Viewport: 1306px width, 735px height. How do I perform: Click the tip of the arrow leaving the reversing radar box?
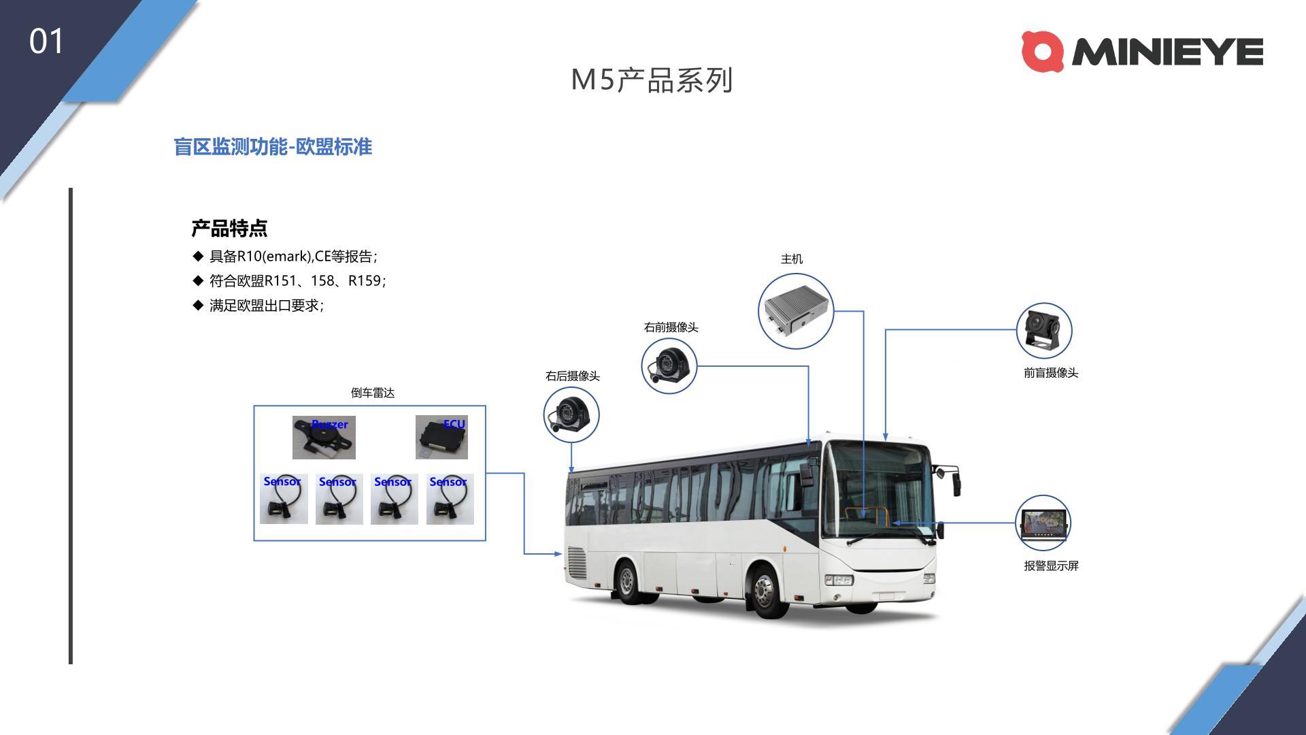[x=563, y=554]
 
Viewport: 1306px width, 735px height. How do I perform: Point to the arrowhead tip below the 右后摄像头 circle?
[x=571, y=474]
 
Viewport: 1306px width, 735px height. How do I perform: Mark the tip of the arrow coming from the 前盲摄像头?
[x=885, y=440]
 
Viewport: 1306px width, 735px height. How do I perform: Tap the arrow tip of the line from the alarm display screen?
[x=892, y=523]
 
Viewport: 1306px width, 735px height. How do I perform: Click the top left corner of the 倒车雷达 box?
[x=254, y=406]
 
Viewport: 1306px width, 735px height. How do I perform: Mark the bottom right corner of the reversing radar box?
[x=486, y=541]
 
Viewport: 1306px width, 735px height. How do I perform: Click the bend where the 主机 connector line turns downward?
[x=863, y=312]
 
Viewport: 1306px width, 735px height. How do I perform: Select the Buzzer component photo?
[x=324, y=438]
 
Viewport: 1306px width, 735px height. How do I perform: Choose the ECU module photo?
[x=441, y=438]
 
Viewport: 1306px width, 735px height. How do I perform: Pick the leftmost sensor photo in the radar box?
[x=284, y=499]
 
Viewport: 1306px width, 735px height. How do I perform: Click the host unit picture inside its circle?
[x=796, y=312]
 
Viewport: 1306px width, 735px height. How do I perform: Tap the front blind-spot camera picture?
[x=1043, y=331]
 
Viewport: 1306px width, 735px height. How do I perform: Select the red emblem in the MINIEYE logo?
[x=1043, y=52]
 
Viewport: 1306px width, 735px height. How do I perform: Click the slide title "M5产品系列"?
[x=652, y=80]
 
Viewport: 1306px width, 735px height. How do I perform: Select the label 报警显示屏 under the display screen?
[x=1051, y=566]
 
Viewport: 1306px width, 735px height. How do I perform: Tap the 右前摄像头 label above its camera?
[x=671, y=327]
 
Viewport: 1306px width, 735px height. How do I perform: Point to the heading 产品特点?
[x=229, y=229]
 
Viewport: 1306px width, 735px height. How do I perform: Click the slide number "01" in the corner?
[x=46, y=42]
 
